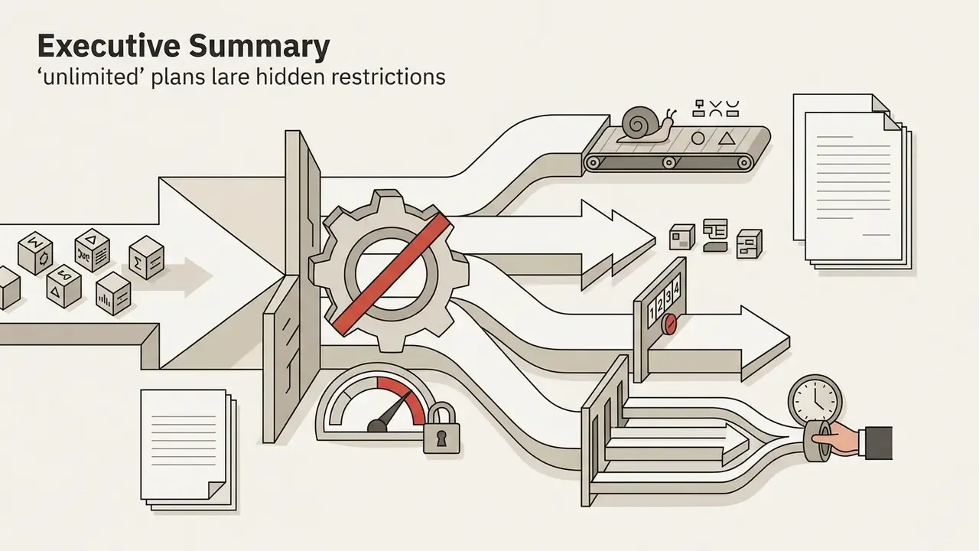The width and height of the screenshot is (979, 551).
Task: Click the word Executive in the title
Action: tap(109, 46)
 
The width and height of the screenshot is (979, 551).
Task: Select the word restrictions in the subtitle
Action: tap(389, 77)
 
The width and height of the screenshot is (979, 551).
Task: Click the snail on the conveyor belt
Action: tap(647, 125)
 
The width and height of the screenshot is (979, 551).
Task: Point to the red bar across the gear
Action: tap(392, 275)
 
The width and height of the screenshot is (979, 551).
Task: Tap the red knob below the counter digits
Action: tap(669, 324)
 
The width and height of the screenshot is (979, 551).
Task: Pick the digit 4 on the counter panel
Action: tap(677, 289)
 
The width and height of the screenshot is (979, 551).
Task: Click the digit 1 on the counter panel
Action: tap(652, 312)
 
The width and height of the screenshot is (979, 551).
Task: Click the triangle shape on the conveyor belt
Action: tap(727, 139)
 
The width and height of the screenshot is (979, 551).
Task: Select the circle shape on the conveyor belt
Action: tap(698, 139)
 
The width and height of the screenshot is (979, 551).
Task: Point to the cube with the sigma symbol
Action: tap(147, 258)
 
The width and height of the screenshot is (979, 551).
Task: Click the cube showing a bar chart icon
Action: tap(113, 293)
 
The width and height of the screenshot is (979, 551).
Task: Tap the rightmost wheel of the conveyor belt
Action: tap(743, 163)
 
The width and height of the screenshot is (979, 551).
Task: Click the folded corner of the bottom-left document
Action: tap(216, 491)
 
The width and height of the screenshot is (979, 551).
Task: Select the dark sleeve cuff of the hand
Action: tap(877, 442)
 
